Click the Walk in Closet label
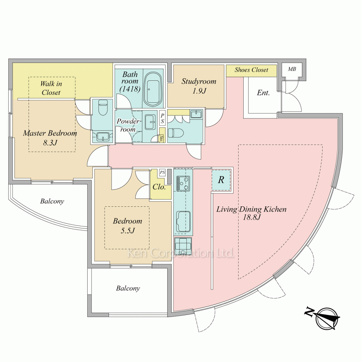click(x=51, y=88)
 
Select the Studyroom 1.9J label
click(x=199, y=86)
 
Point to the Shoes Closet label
click(x=251, y=70)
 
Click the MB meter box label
click(x=292, y=69)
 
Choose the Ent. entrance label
click(x=263, y=93)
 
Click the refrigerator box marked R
click(x=221, y=180)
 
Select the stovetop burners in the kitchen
click(x=183, y=184)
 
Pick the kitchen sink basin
click(x=183, y=222)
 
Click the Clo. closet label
click(x=159, y=187)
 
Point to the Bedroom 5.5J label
click(x=127, y=226)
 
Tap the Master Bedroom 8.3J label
click(x=50, y=138)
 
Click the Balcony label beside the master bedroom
click(x=52, y=201)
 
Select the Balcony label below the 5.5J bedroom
click(x=128, y=289)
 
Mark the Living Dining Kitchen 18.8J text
click(x=252, y=213)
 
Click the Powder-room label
click(x=128, y=125)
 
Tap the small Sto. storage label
click(x=161, y=139)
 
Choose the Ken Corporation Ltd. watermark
click(x=181, y=253)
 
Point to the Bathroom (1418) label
click(x=130, y=81)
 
